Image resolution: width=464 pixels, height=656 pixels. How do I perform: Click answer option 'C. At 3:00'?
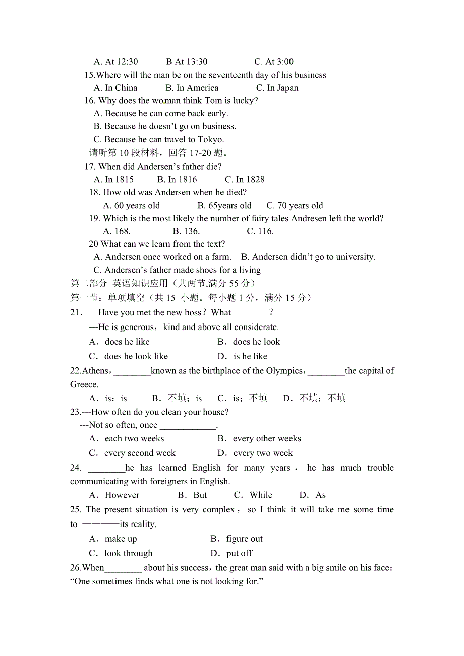pyautogui.click(x=274, y=62)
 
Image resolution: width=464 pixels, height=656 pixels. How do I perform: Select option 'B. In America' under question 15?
pyautogui.click(x=192, y=88)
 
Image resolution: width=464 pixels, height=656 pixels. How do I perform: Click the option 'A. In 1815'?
pyautogui.click(x=114, y=179)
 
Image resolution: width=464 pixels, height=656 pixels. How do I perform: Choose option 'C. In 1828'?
pyautogui.click(x=245, y=179)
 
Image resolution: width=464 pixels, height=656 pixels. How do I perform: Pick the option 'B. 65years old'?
pyautogui.click(x=224, y=205)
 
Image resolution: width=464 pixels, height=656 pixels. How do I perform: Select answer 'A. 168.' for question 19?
pyautogui.click(x=117, y=231)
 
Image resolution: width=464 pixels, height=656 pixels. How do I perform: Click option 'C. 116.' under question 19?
pyautogui.click(x=260, y=231)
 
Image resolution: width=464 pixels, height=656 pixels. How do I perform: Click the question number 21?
pyautogui.click(x=75, y=313)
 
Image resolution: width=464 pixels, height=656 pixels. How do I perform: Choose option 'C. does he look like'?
pyautogui.click(x=129, y=356)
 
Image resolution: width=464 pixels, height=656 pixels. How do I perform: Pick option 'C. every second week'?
pyautogui.click(x=132, y=453)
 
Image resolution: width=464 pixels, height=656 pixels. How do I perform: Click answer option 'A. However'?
pyautogui.click(x=114, y=495)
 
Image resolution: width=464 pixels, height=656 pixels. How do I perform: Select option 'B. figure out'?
pyautogui.click(x=237, y=539)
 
